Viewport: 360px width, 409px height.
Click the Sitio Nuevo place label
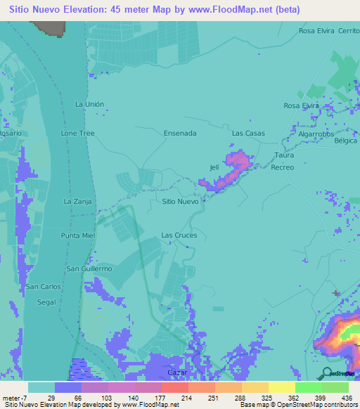coord(179,201)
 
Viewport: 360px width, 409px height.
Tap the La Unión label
coord(89,104)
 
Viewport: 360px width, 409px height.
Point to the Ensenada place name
coord(179,133)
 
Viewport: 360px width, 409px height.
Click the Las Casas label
coord(248,133)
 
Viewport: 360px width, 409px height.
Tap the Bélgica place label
coord(346,141)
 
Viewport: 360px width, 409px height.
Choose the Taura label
coord(284,155)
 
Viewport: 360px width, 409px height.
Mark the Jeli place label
coord(214,167)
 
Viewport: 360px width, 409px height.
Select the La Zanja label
coord(78,201)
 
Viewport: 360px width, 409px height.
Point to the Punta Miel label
coord(77,235)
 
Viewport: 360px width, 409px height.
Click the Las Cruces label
coord(179,235)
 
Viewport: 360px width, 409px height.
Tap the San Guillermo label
coord(89,268)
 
